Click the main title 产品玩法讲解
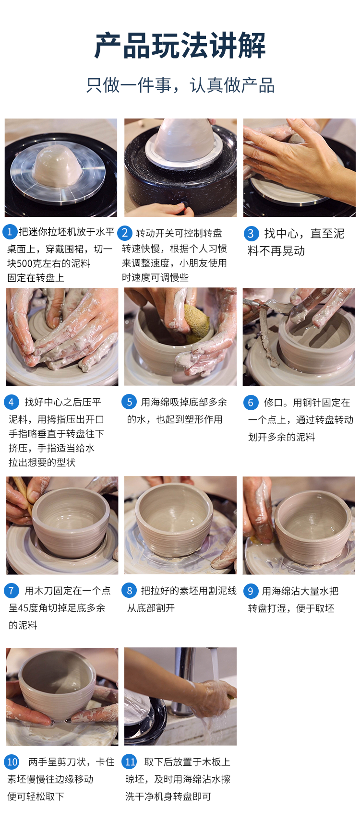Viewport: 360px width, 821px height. [180, 46]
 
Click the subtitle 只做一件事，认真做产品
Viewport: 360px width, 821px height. [180, 85]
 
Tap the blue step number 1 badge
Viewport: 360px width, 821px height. [10, 232]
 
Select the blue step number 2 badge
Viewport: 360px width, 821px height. [125, 233]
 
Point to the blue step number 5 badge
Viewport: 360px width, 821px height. [129, 402]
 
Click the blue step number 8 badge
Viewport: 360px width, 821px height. [129, 591]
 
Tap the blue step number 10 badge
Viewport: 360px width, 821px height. [12, 762]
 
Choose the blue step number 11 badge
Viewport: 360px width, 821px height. [130, 762]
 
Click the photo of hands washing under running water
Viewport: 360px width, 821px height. [180, 696]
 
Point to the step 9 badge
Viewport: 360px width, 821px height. [251, 591]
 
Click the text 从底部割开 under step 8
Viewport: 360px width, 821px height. [151, 608]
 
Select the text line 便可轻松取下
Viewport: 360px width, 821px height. [36, 796]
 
